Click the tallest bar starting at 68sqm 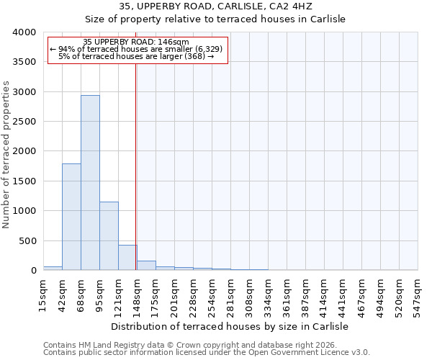click(90, 183)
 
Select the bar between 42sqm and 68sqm click(71, 217)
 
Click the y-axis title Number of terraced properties click(6, 155)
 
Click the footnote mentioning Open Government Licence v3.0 click(207, 353)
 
